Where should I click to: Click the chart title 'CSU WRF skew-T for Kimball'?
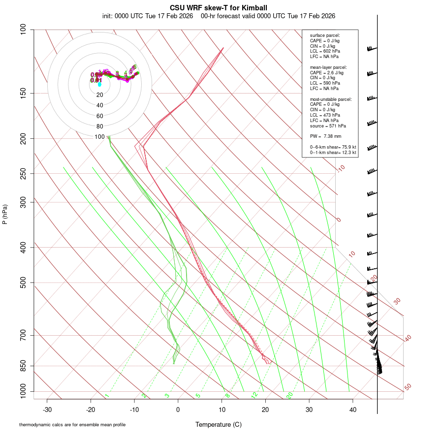219,8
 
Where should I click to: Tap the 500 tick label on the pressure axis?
24,283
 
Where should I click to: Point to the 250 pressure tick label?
24,173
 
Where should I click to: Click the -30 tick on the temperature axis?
47,409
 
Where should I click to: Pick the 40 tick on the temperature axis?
352,409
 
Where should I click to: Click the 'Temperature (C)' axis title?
219,425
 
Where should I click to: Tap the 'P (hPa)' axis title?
5,214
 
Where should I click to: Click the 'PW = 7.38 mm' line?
325,136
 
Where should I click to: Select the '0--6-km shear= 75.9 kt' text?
333,147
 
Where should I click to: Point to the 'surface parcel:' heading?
325,35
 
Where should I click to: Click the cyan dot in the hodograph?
99,85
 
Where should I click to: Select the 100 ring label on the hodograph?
100,137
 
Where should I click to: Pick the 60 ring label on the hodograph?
100,116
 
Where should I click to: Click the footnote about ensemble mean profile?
76,425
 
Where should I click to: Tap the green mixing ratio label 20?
289,395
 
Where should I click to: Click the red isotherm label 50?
408,387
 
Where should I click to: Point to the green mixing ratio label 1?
107,396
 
